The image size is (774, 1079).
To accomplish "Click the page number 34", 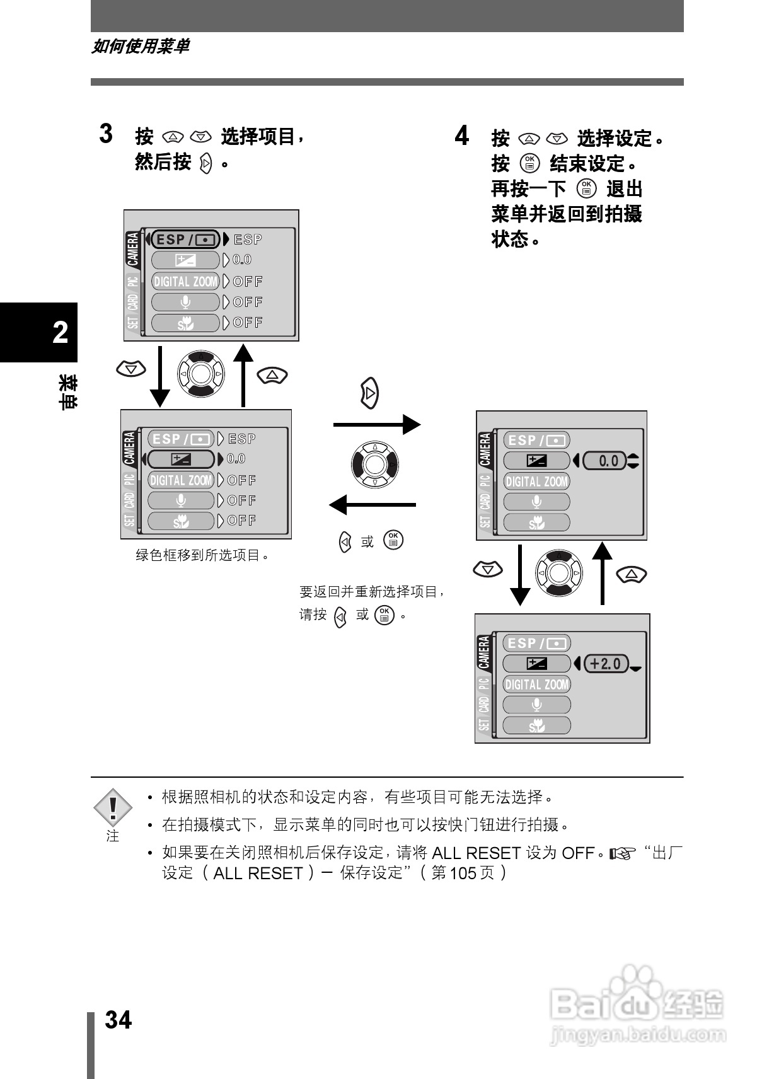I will pyautogui.click(x=118, y=1019).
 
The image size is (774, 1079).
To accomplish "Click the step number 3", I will pyautogui.click(x=107, y=134).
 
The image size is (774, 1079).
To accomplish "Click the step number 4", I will pyautogui.click(x=462, y=136).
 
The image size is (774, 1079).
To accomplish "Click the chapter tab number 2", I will pyautogui.click(x=61, y=332).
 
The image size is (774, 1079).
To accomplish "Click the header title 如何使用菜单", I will pyautogui.click(x=140, y=47).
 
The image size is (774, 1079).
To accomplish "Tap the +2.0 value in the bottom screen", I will pyautogui.click(x=606, y=664).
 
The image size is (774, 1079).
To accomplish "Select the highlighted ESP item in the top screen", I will pyautogui.click(x=185, y=239).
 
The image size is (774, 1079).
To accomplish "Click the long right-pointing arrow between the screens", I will pyautogui.click(x=376, y=425).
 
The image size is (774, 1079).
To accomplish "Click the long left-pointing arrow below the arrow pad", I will pyautogui.click(x=373, y=505).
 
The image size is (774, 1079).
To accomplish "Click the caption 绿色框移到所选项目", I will pyautogui.click(x=202, y=555).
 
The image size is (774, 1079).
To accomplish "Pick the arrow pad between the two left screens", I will pyautogui.click(x=200, y=374).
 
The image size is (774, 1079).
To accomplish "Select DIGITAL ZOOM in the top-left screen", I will pyautogui.click(x=185, y=282).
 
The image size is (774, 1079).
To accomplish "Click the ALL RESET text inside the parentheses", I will pyautogui.click(x=258, y=874).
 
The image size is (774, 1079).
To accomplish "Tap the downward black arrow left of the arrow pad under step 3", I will pyautogui.click(x=160, y=376).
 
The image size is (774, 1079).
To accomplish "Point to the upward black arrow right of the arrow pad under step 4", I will pyautogui.click(x=603, y=572).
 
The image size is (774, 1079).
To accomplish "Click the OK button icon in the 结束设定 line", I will pyautogui.click(x=530, y=163).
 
